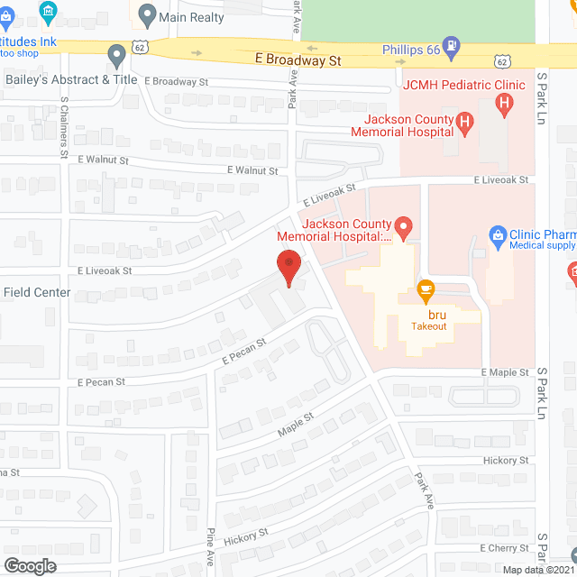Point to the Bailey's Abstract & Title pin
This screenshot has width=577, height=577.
116,56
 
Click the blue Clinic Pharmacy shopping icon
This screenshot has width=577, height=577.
496,236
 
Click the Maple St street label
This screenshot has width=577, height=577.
295,423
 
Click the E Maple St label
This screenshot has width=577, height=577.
505,372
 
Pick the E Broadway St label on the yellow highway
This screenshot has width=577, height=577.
298,60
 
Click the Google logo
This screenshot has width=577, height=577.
29,565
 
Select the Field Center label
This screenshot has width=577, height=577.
36,292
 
